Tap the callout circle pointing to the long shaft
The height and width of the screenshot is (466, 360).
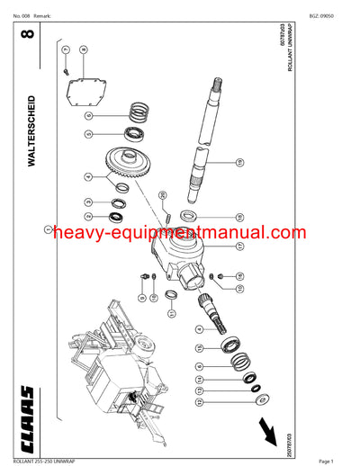click(240, 163)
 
